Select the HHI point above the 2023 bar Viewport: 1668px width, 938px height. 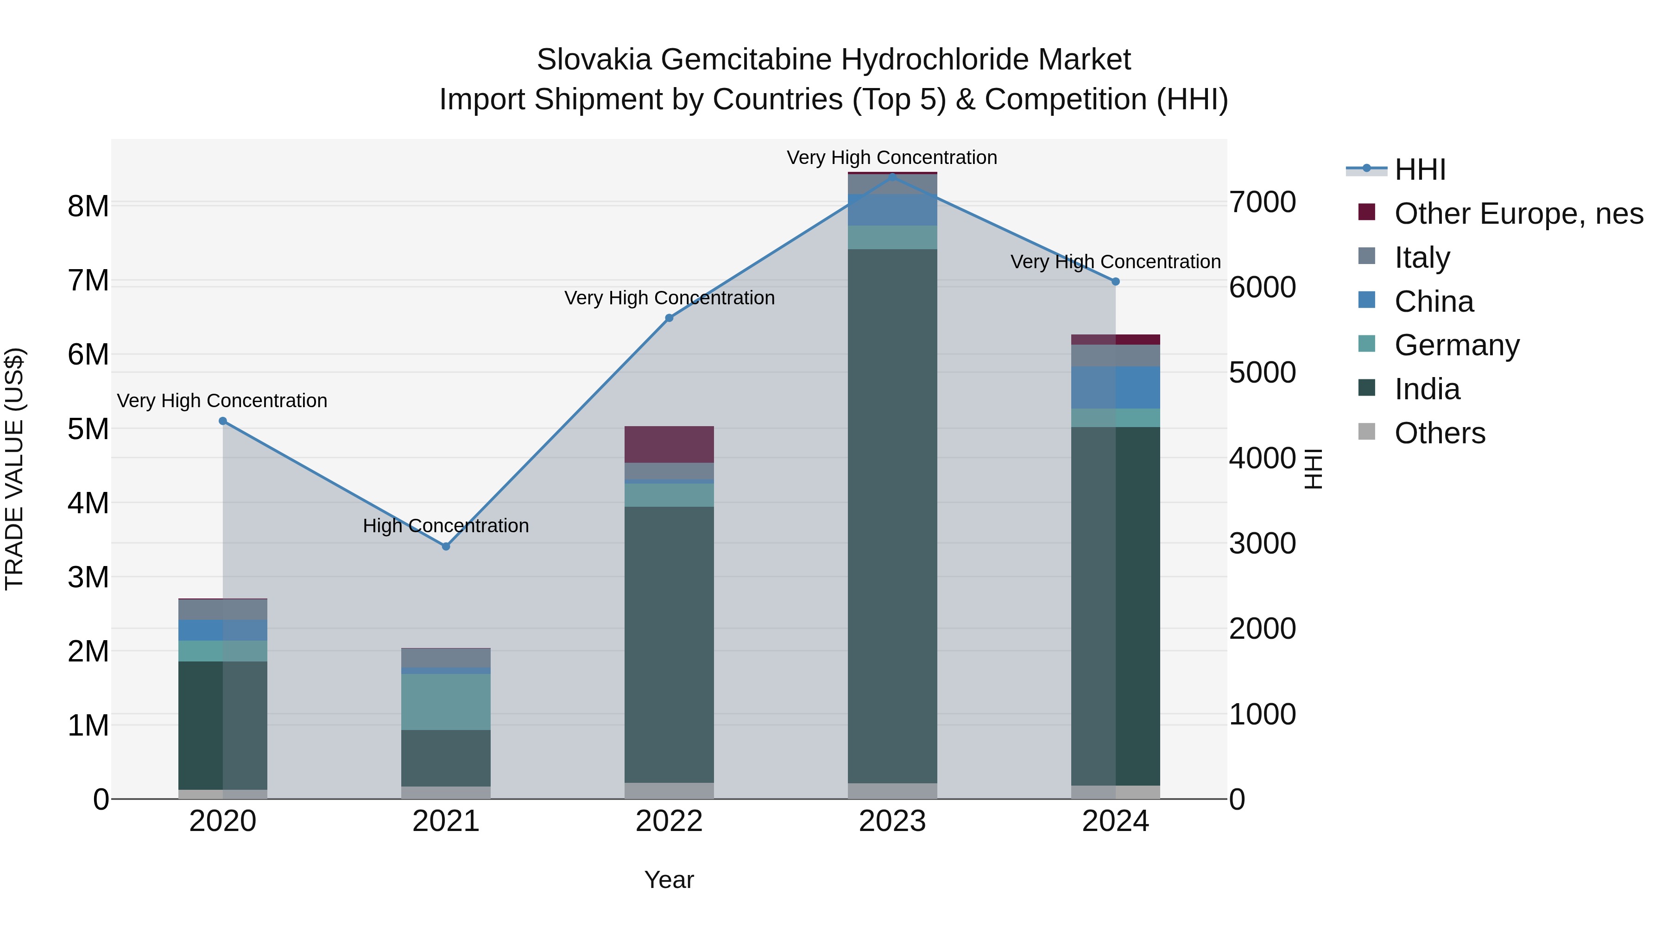tap(892, 176)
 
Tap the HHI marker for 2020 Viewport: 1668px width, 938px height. tap(223, 421)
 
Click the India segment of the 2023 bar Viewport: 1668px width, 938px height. tap(892, 518)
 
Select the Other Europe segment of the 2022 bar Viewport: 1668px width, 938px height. tap(669, 444)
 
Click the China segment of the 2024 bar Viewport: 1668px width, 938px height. tap(1115, 387)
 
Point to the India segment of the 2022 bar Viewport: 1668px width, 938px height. tap(669, 644)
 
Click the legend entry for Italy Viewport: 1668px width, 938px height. tap(1422, 257)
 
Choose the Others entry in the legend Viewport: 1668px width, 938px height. tap(1440, 433)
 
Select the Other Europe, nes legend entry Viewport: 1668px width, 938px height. tap(1518, 213)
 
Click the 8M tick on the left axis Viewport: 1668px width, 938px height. tap(88, 207)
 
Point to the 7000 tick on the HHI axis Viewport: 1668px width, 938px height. tap(1263, 202)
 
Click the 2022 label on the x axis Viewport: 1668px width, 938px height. tap(669, 821)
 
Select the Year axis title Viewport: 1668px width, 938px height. tap(669, 880)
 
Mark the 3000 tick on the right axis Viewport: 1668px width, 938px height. tap(1263, 543)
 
